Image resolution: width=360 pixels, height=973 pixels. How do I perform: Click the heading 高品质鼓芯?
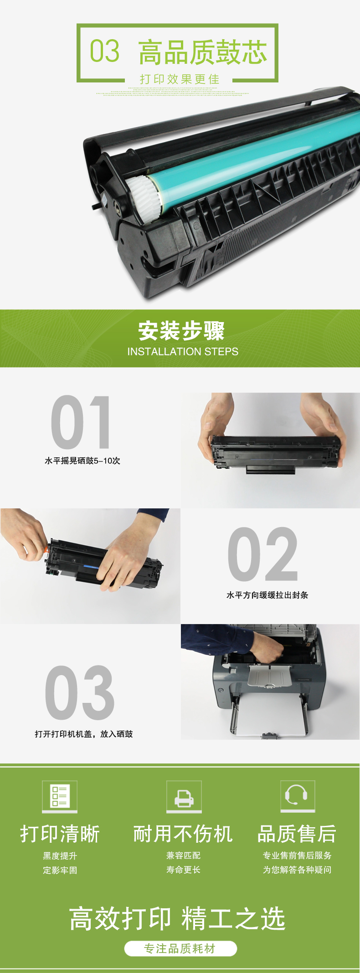tap(203, 52)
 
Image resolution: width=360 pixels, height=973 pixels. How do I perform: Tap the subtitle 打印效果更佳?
tap(180, 79)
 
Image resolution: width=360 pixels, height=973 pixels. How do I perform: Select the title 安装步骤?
tap(182, 331)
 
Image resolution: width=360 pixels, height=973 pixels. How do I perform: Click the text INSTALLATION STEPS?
tap(183, 352)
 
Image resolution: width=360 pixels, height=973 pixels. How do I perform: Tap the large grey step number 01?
tap(81, 422)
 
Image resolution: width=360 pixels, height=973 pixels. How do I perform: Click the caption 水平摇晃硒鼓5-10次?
tap(82, 461)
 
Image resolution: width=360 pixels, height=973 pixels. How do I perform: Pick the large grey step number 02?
tap(263, 554)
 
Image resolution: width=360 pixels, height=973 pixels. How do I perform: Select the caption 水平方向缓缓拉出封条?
tap(267, 595)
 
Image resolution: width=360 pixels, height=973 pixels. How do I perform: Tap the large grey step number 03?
tap(79, 692)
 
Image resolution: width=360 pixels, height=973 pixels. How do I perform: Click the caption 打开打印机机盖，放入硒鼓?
tap(84, 734)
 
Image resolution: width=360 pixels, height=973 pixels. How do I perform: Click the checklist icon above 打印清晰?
tap(60, 797)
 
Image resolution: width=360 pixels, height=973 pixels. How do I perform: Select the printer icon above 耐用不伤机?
tap(184, 797)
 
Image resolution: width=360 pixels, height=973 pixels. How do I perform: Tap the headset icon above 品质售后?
tap(297, 796)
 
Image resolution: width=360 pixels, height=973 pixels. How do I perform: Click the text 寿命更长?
tap(183, 870)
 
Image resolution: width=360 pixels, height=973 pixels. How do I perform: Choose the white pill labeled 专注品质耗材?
tap(180, 948)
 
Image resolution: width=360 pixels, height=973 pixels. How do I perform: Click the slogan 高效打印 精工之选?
tap(177, 918)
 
